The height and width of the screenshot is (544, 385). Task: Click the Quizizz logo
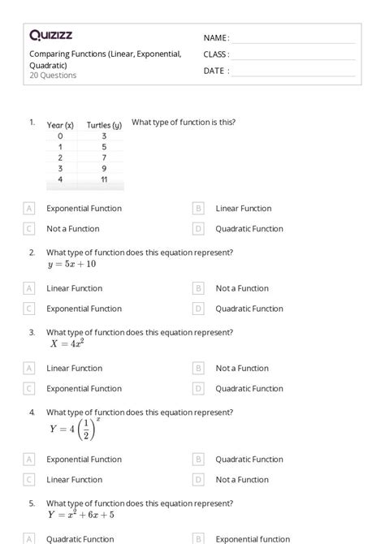point(51,35)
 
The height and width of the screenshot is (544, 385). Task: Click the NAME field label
point(216,38)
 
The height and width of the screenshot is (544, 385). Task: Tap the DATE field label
point(216,71)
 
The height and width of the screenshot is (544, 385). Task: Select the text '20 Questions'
point(53,76)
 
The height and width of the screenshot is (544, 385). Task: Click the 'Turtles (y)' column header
point(104,125)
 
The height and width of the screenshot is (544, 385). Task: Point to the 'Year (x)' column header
point(60,125)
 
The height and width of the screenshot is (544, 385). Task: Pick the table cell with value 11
point(104,179)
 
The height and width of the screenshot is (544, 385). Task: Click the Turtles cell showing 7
point(104,158)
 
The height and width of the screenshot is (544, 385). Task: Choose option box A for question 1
point(29,209)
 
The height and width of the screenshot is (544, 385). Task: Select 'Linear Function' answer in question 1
point(243,209)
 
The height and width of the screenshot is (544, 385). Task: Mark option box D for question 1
point(198,229)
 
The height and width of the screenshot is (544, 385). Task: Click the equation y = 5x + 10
point(71,264)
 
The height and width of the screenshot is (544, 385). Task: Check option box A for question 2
point(29,288)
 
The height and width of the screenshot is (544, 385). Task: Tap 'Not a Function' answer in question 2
point(242,288)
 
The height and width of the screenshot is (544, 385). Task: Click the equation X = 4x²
point(67,343)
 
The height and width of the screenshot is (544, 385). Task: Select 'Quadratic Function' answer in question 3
point(249,389)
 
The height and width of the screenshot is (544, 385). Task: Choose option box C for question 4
point(29,480)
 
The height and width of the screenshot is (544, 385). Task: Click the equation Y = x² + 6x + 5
point(80,515)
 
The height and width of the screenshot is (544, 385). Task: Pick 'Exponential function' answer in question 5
point(253,538)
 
